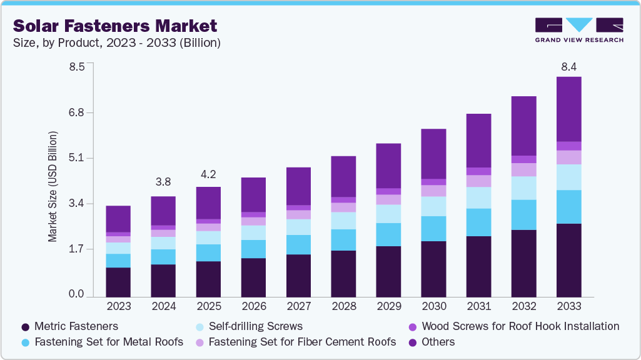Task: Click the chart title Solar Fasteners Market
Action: coord(114,26)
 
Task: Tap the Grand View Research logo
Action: coord(578,29)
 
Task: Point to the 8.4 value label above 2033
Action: coord(568,66)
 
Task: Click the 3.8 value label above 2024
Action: coord(163,182)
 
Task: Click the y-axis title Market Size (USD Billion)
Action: coord(53,187)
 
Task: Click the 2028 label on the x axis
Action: coord(343,307)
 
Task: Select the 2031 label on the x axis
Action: coord(478,307)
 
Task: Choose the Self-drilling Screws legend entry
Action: coord(249,326)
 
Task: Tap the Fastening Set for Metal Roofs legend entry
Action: coord(102,342)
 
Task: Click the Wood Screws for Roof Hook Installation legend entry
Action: coord(513,326)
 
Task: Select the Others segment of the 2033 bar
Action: coord(568,109)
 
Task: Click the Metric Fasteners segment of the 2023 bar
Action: coord(118,282)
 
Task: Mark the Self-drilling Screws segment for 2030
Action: coord(433,206)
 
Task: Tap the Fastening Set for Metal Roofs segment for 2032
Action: coord(523,215)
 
